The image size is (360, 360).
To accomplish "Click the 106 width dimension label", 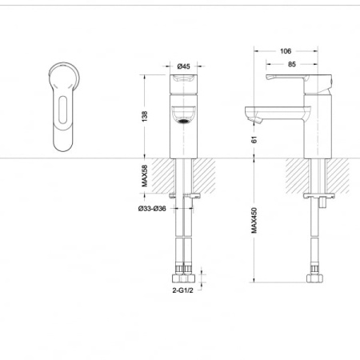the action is point(286,51).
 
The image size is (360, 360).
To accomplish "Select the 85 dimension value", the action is point(292,64).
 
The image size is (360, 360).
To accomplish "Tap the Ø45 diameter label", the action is point(183,66).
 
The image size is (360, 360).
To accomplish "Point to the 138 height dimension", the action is point(145,116).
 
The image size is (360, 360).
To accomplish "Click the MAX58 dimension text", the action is point(145,176).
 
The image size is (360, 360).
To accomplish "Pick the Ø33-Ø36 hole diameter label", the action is point(152,209).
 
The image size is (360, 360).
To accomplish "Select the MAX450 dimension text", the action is point(254,221).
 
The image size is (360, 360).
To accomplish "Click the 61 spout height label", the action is point(254,139).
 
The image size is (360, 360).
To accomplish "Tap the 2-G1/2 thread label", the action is point(182,290).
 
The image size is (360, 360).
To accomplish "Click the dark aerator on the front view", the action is point(183,122).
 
